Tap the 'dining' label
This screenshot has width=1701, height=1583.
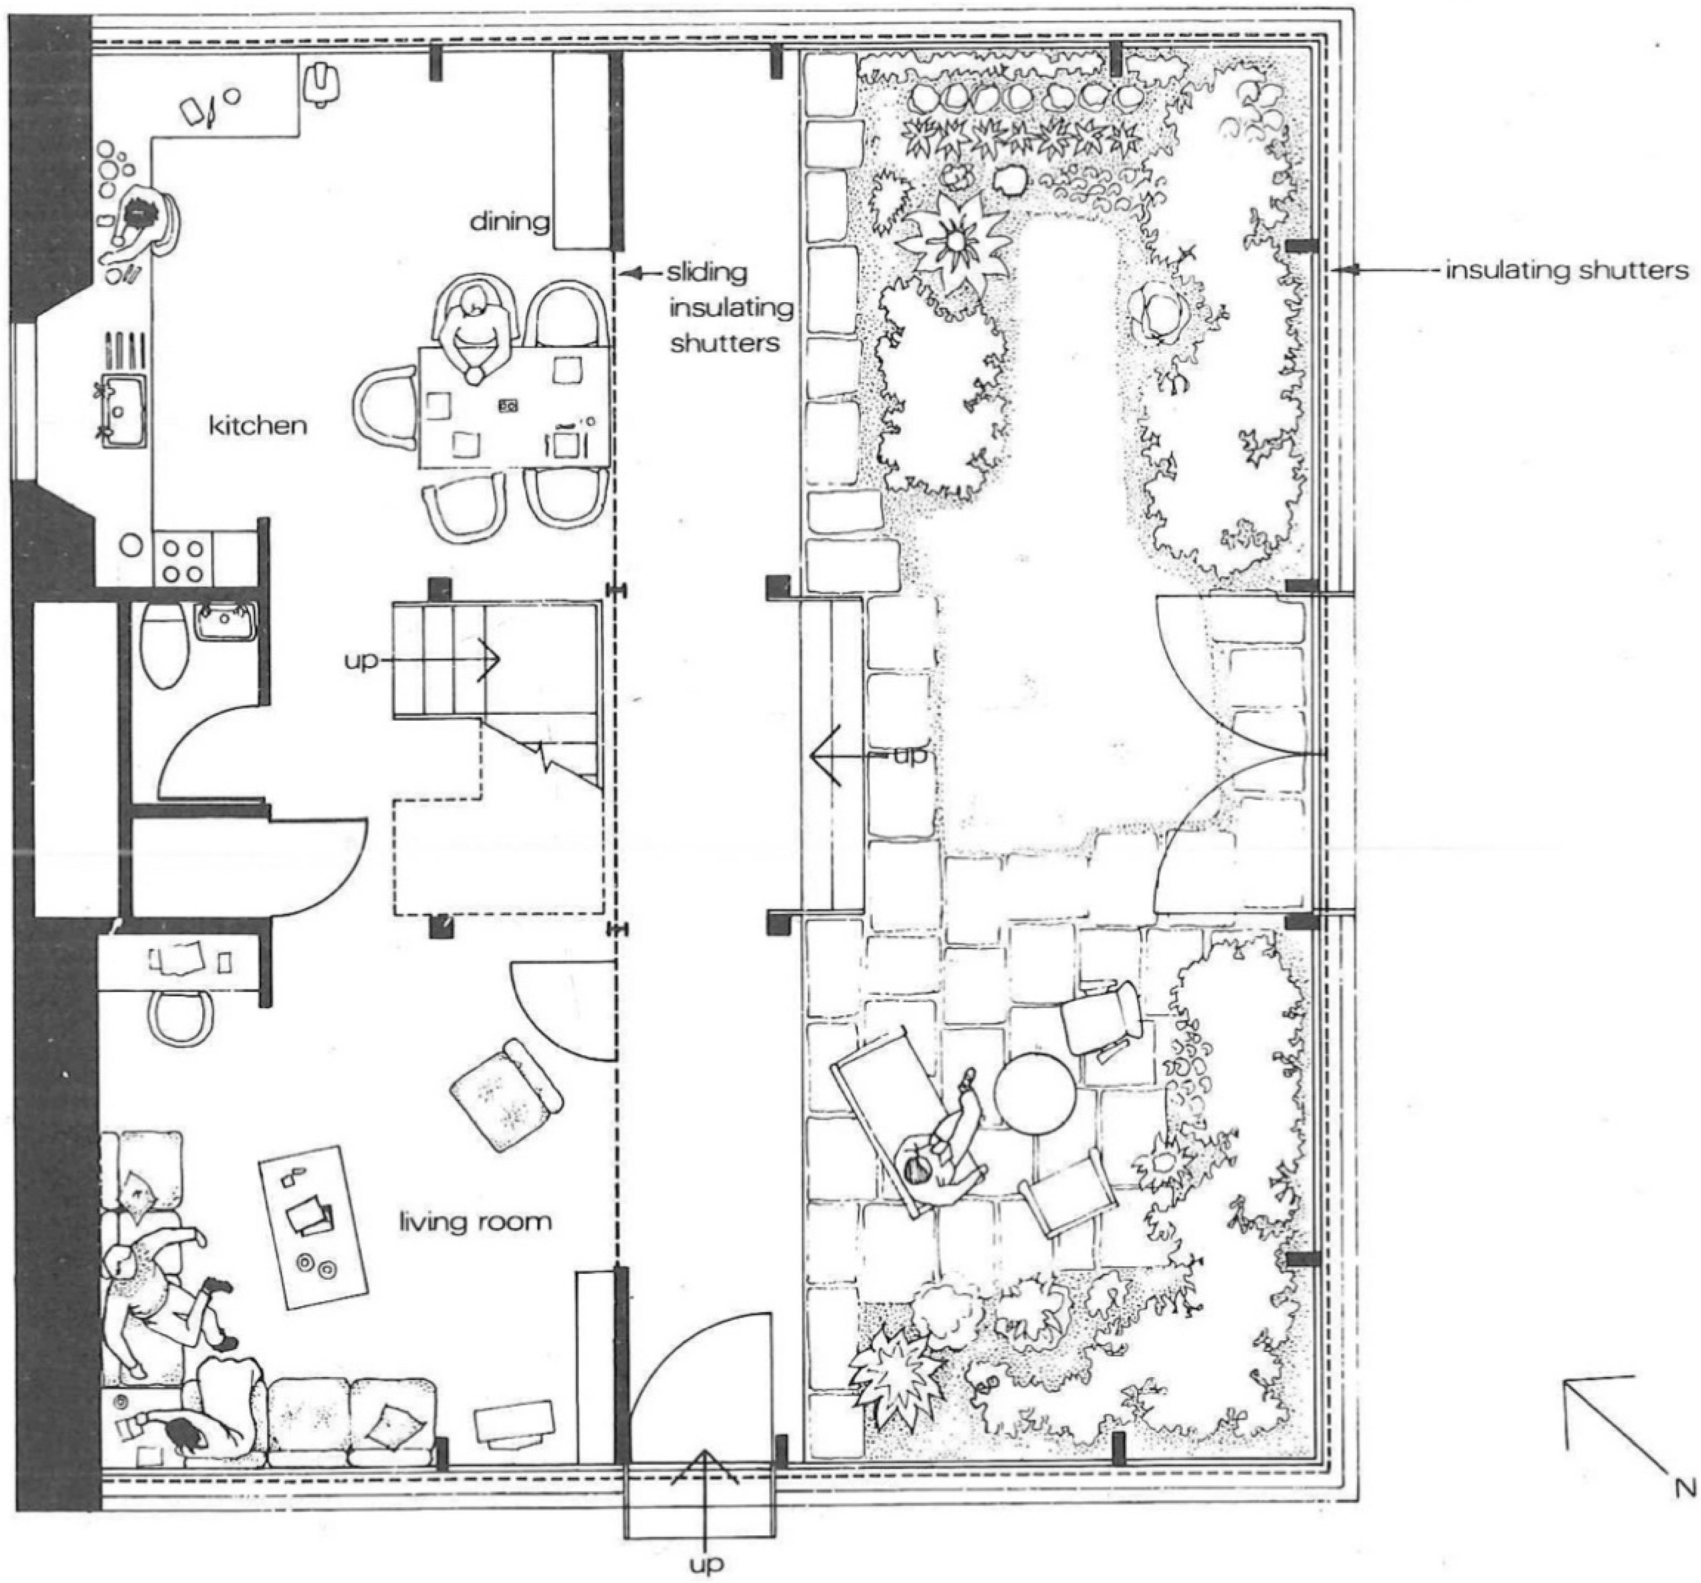[510, 222]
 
